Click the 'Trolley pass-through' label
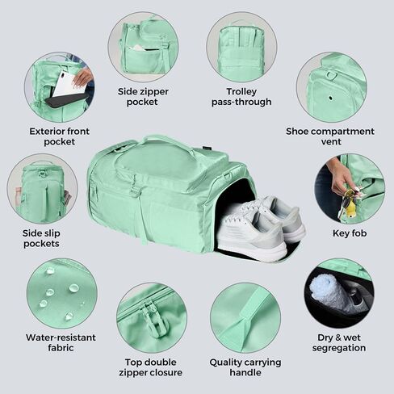(x=241, y=97)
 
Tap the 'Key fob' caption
(x=350, y=233)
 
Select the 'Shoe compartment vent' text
(x=330, y=136)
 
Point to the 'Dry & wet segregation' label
(x=339, y=342)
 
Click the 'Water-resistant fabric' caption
(x=61, y=342)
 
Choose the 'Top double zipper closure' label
(x=151, y=367)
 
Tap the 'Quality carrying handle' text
(x=245, y=367)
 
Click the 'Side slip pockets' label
(x=41, y=238)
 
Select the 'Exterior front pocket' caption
(x=59, y=136)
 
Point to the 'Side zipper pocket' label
(x=143, y=97)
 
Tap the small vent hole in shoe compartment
(x=331, y=98)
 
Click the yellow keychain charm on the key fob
(x=349, y=207)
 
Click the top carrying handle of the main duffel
(x=169, y=142)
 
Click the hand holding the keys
(x=342, y=178)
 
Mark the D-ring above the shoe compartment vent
(x=331, y=75)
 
